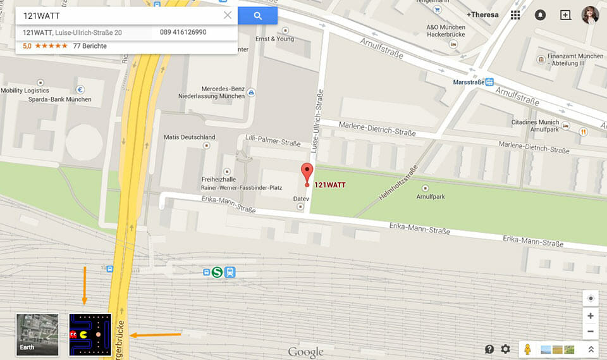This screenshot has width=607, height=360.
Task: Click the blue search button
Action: pos(257,16)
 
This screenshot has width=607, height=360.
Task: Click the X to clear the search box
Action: pos(228,15)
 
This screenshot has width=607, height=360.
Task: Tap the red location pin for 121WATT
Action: pos(307,173)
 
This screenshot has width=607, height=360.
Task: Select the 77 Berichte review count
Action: pos(90,46)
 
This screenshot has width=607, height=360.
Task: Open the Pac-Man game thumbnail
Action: pos(90,334)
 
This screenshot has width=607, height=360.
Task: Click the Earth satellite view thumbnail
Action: pos(37,334)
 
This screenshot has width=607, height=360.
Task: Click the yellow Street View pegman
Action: pos(526,349)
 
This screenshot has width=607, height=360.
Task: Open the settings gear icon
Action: pos(505,349)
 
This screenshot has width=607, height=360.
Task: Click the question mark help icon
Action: pos(489,349)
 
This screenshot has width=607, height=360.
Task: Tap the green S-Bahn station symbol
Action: pos(218,272)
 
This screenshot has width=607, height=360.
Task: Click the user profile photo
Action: pos(590,15)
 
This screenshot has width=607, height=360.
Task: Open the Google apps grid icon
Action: pos(515,15)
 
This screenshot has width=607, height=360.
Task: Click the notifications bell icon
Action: pos(540,15)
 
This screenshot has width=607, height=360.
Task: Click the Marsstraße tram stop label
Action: pos(469,82)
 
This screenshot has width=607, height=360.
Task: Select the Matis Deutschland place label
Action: pos(190,137)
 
